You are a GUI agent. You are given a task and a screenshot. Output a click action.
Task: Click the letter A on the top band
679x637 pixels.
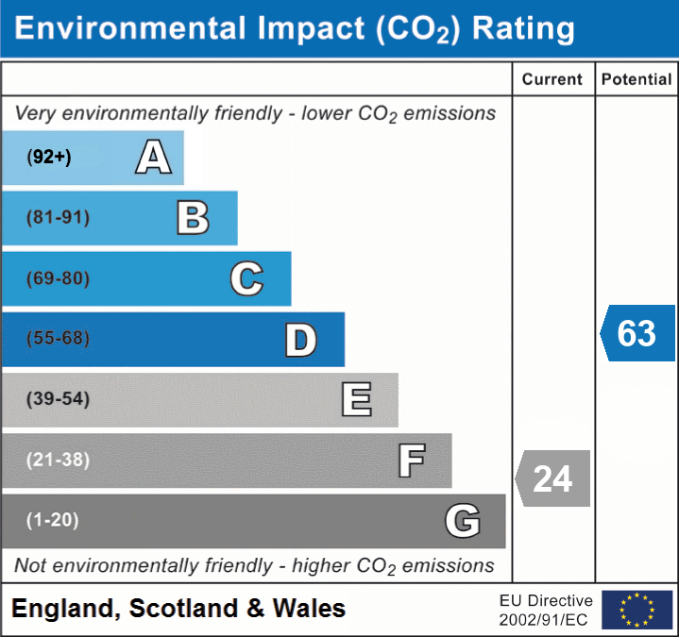coord(153,157)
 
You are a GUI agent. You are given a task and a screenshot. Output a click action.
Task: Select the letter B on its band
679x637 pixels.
coord(193,218)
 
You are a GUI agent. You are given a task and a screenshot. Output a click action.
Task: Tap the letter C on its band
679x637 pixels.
coord(246,278)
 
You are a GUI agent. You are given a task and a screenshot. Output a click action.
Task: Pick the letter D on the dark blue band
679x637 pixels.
coord(300,340)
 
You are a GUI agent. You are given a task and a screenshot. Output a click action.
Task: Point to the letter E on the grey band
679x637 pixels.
coord(356,400)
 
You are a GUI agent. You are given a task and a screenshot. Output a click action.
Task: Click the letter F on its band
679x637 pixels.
coord(411,461)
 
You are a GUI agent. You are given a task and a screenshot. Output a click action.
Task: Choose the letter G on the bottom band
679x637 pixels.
coord(463,521)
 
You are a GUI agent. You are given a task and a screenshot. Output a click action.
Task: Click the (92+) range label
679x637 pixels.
coord(49,158)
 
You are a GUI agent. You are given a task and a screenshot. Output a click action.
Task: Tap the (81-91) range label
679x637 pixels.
coord(58,218)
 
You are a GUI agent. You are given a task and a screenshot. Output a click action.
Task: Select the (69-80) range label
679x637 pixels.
coord(58,278)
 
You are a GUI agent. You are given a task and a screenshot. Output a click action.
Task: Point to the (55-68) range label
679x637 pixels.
coord(58,339)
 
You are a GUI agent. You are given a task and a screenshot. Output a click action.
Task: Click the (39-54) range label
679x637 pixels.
coord(58,399)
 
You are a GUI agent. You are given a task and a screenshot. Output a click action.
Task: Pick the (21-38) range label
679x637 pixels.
coord(58,460)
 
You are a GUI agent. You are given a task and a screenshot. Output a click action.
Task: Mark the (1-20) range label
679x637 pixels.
coord(53,520)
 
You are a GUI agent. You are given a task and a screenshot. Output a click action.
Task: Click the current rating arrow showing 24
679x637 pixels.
coord(552,478)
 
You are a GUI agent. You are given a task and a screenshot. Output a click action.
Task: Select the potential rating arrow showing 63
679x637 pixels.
coord(637,333)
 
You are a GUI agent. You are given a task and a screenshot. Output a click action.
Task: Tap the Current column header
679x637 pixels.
coord(552,80)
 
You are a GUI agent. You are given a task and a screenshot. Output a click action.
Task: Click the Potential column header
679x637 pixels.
coord(637,80)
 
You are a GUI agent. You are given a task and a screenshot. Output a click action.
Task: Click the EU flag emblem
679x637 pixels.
coord(637,610)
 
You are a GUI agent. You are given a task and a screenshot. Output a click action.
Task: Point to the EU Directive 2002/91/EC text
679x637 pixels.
coord(546,610)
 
